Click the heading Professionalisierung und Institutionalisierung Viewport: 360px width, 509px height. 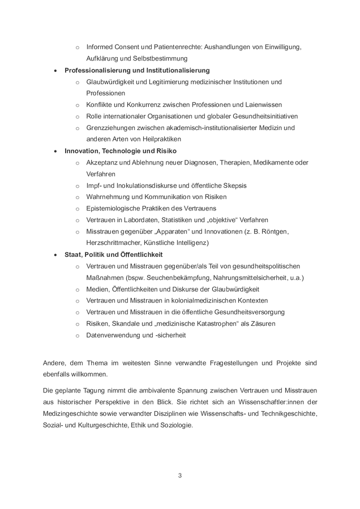tap(137, 70)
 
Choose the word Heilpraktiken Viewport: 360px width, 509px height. tap(159, 139)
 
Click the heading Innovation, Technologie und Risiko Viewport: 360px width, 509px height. tap(121, 151)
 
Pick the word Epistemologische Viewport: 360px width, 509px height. tap(114, 208)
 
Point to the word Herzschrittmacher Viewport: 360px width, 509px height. tap(115, 243)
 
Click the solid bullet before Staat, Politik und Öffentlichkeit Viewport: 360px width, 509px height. tap(54, 255)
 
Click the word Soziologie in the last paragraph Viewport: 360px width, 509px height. tap(176, 425)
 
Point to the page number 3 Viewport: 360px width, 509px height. tap(179, 475)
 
